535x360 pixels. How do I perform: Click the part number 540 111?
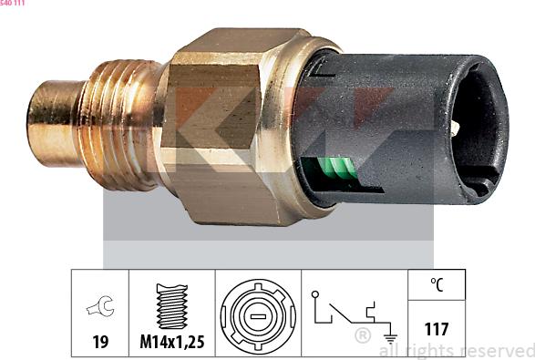click(x=13, y=4)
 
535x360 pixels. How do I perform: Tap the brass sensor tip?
click(x=52, y=116)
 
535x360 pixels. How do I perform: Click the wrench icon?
click(x=100, y=308)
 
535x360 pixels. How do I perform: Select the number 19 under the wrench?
click(x=100, y=343)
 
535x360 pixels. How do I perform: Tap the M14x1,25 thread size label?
click(x=171, y=343)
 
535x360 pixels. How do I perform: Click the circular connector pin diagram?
click(x=258, y=314)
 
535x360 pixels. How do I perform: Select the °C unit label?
click(x=437, y=284)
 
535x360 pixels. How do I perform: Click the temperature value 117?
click(x=437, y=329)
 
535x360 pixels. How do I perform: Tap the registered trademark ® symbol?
click(x=362, y=336)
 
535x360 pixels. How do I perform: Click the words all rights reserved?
click(x=456, y=350)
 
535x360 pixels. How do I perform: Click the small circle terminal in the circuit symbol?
click(x=314, y=295)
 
